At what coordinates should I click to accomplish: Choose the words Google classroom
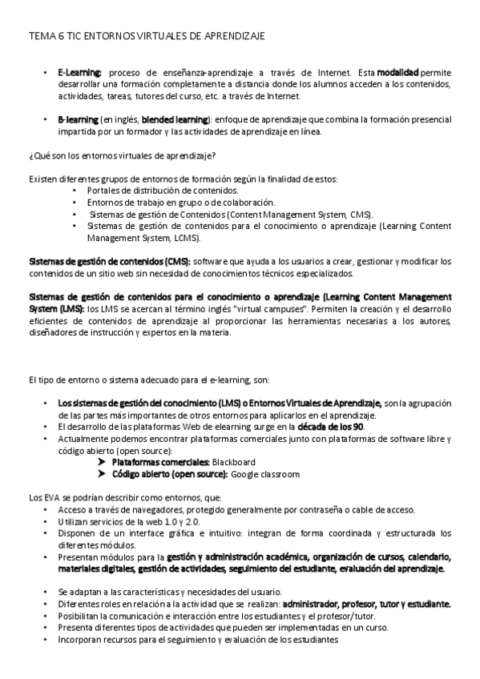click(265, 474)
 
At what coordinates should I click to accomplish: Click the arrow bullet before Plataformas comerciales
click(100, 462)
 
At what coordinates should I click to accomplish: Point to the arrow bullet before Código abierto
click(100, 474)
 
